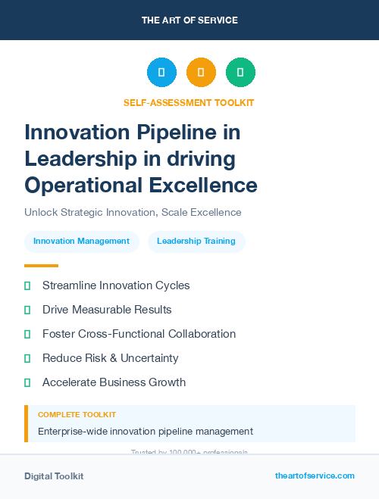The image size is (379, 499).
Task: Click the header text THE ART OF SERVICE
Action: tap(189, 20)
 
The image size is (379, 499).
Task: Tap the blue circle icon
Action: tap(161, 72)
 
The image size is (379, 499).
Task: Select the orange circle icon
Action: tap(201, 72)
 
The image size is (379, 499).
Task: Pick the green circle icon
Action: tap(240, 72)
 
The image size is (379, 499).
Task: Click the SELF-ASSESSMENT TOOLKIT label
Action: tap(189, 102)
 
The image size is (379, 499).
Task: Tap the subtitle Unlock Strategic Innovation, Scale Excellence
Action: tap(133, 213)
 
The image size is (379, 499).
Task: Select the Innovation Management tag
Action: tap(82, 242)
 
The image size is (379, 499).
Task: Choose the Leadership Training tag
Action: tap(196, 242)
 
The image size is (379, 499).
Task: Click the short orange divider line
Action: tap(41, 266)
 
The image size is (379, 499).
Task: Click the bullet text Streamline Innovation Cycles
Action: tap(116, 285)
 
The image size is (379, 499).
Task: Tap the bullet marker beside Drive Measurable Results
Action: tap(27, 310)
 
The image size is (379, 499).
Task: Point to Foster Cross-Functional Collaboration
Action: tap(139, 334)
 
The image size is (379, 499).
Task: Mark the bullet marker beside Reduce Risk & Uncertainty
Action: tap(27, 358)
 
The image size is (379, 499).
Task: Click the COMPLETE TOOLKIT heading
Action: tap(77, 415)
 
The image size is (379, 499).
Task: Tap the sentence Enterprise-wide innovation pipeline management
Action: tap(146, 432)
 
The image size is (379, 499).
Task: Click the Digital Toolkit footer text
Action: tap(54, 476)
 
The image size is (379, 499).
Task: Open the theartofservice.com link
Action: tap(315, 476)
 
